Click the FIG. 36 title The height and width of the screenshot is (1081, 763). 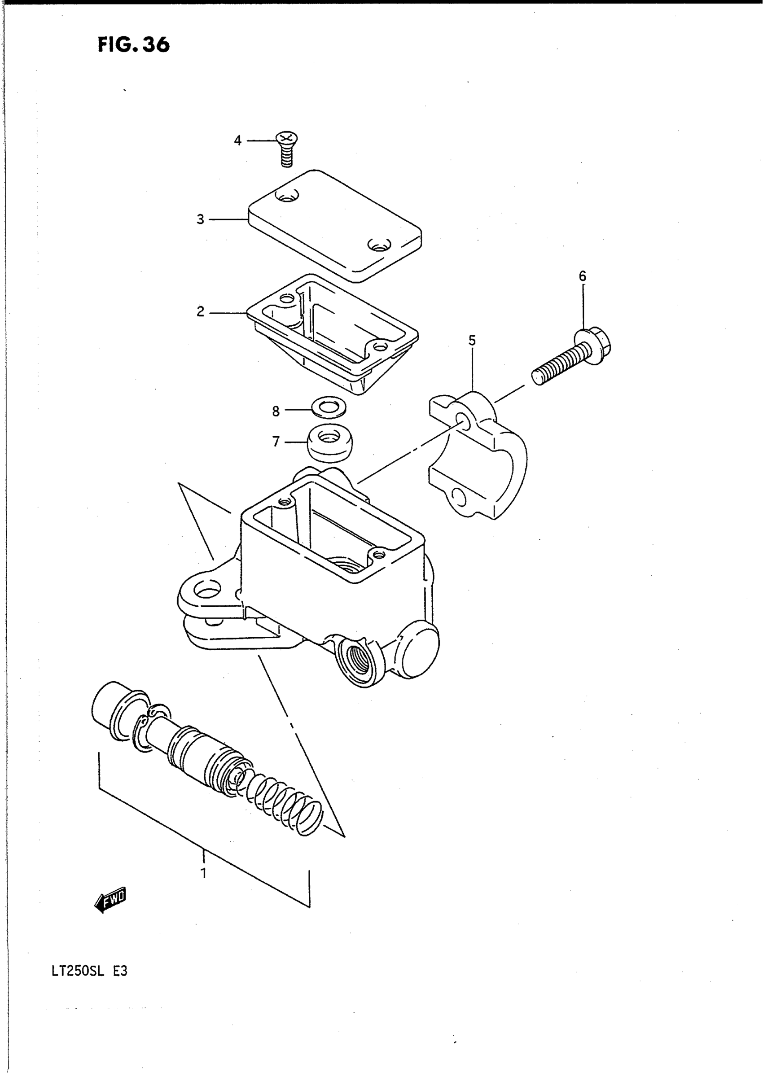pos(133,45)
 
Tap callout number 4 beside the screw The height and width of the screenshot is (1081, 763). pos(238,140)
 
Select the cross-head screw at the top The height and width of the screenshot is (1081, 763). pos(286,146)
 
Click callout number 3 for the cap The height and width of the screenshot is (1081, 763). pos(201,219)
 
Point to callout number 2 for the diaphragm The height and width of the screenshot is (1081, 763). pos(201,312)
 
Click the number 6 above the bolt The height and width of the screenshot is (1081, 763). pos(583,276)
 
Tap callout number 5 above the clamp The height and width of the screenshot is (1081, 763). pos(472,341)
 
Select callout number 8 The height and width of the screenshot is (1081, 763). pos(276,411)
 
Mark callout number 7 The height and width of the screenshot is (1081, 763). pos(276,442)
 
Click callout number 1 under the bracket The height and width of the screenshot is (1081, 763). pos(203,873)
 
